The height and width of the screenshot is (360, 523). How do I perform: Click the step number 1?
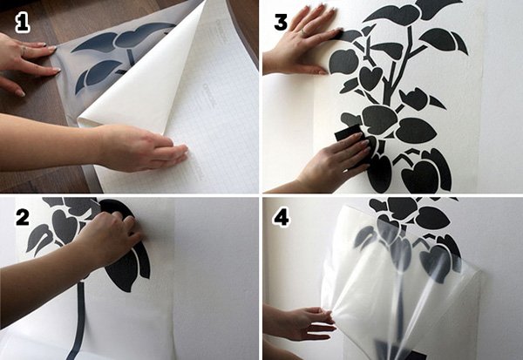[23, 24]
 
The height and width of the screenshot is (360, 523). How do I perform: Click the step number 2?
[23, 218]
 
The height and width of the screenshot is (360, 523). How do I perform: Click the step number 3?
[281, 23]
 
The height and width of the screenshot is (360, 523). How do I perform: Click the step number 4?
[281, 218]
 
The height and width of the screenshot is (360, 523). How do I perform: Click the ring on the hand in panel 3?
[303, 31]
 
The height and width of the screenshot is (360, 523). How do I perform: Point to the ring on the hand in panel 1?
[24, 50]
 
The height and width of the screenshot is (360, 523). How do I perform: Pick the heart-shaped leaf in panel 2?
[65, 227]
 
